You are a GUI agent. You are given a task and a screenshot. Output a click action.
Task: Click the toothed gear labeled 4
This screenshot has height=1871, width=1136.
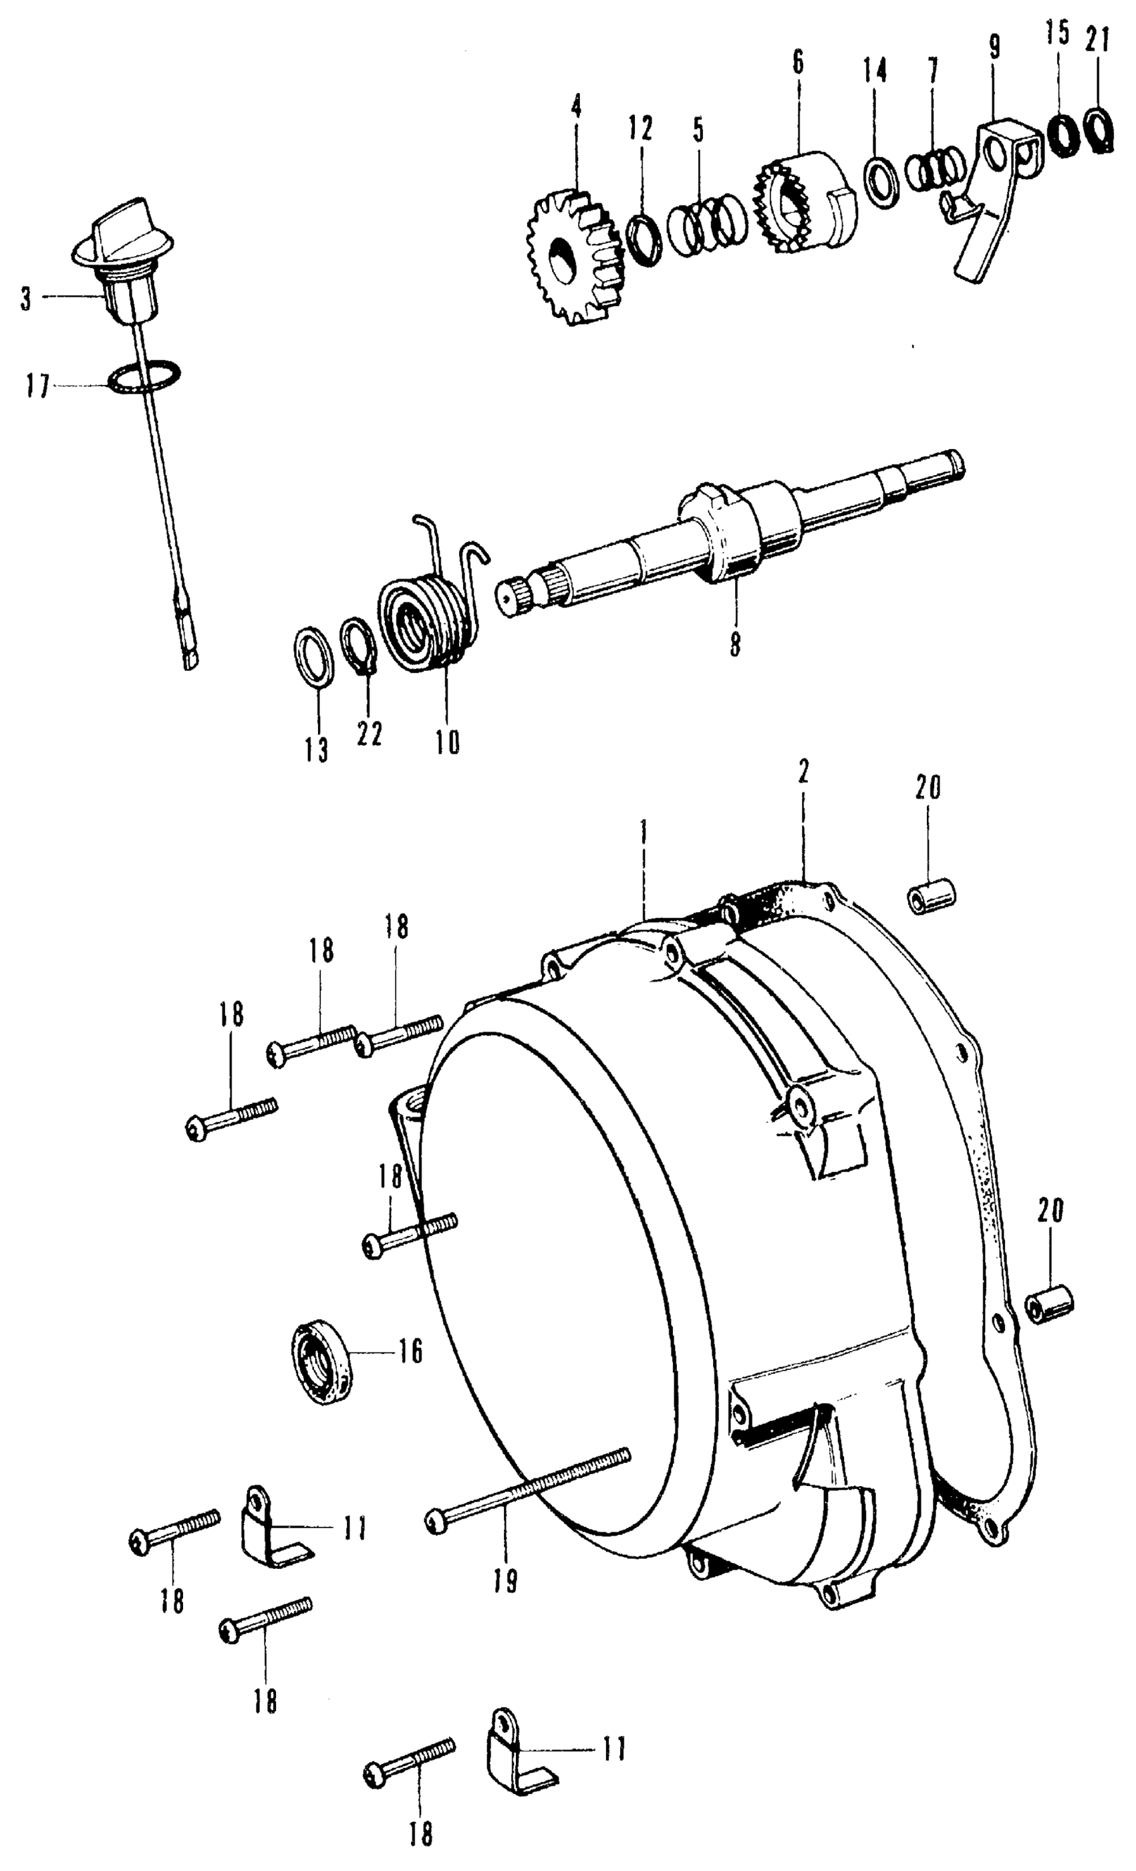click(x=575, y=258)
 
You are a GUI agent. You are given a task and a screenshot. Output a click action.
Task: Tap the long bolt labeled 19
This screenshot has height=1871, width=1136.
click(x=531, y=1487)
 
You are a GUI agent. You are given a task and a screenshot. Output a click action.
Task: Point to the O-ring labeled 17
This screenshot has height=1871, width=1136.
click(x=144, y=378)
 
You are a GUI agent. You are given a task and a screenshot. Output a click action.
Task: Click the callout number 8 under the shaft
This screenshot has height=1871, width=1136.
click(x=734, y=645)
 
